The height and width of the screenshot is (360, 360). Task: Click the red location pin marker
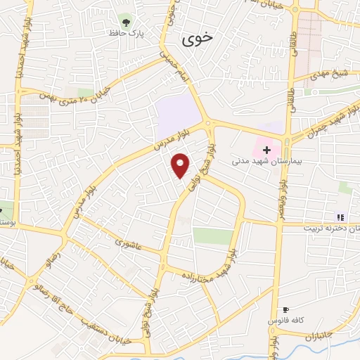click(181, 165)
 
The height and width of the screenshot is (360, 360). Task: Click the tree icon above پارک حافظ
click(126, 20)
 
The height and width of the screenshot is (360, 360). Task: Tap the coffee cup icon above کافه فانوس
click(285, 309)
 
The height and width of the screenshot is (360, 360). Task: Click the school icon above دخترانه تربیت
click(340, 217)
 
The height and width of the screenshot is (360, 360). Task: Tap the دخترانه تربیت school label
click(331, 229)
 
